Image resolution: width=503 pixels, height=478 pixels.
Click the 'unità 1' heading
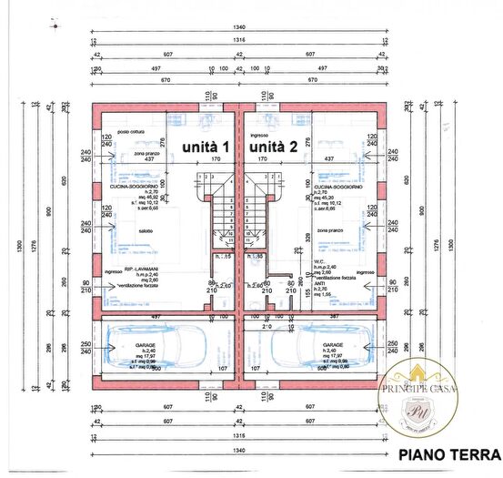click(206, 146)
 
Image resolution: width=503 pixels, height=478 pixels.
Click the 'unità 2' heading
click(273, 146)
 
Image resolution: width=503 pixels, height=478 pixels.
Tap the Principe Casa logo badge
click(419, 397)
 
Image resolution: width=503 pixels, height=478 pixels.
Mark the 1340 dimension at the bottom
click(240, 450)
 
